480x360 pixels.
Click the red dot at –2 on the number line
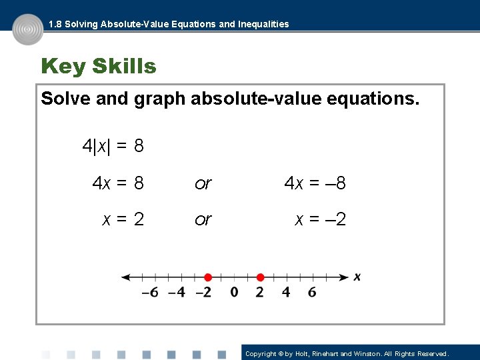click(x=207, y=277)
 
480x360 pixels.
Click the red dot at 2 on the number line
click(x=260, y=277)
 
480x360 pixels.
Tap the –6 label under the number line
click(x=151, y=292)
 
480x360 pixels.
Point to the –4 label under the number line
click(x=177, y=292)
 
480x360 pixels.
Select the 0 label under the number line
click(x=234, y=292)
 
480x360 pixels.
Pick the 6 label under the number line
click(x=312, y=292)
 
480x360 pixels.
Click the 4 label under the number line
click(x=286, y=292)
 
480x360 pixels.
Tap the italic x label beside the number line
click(x=357, y=277)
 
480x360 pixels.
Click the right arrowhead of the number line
click(x=344, y=277)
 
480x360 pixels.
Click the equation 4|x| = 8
click(x=113, y=146)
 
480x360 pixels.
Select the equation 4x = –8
click(x=315, y=183)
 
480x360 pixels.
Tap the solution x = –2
click(x=320, y=219)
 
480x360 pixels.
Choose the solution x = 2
click(x=123, y=219)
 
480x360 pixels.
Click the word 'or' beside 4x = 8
click(x=203, y=183)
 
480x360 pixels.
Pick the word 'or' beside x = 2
click(x=203, y=220)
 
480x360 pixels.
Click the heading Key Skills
click(x=99, y=67)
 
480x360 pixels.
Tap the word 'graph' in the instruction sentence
click(x=160, y=100)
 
